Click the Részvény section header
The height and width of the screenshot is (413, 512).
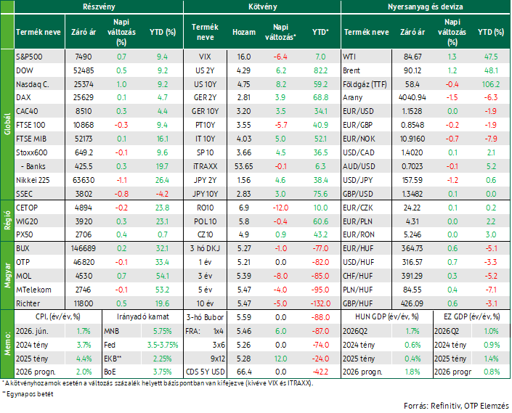click(99, 7)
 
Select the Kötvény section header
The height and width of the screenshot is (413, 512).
click(262, 7)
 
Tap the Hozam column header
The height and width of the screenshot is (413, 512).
click(244, 32)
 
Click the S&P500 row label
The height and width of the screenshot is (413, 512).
click(29, 57)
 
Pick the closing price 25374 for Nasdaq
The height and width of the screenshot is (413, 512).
click(84, 84)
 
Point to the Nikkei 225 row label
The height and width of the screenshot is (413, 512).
click(33, 180)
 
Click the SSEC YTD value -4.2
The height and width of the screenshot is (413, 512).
click(162, 194)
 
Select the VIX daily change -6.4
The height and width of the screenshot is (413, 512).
click(280, 57)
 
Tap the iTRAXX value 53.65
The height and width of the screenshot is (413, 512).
click(243, 166)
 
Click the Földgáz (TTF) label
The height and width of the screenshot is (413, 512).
click(365, 84)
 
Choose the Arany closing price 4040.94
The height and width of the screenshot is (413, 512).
click(412, 97)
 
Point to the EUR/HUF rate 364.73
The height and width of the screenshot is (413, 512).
click(412, 248)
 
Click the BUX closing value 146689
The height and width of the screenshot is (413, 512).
click(84, 248)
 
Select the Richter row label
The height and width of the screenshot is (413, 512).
click(28, 303)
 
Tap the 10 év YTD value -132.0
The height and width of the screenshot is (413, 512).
click(320, 303)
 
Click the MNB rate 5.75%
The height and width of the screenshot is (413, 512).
click(162, 331)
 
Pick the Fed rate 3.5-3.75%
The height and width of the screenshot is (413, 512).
click(162, 345)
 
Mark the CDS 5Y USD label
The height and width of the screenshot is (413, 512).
click(205, 372)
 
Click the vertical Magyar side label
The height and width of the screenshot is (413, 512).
click(7, 276)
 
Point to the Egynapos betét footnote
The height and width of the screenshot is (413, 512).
click(29, 394)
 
